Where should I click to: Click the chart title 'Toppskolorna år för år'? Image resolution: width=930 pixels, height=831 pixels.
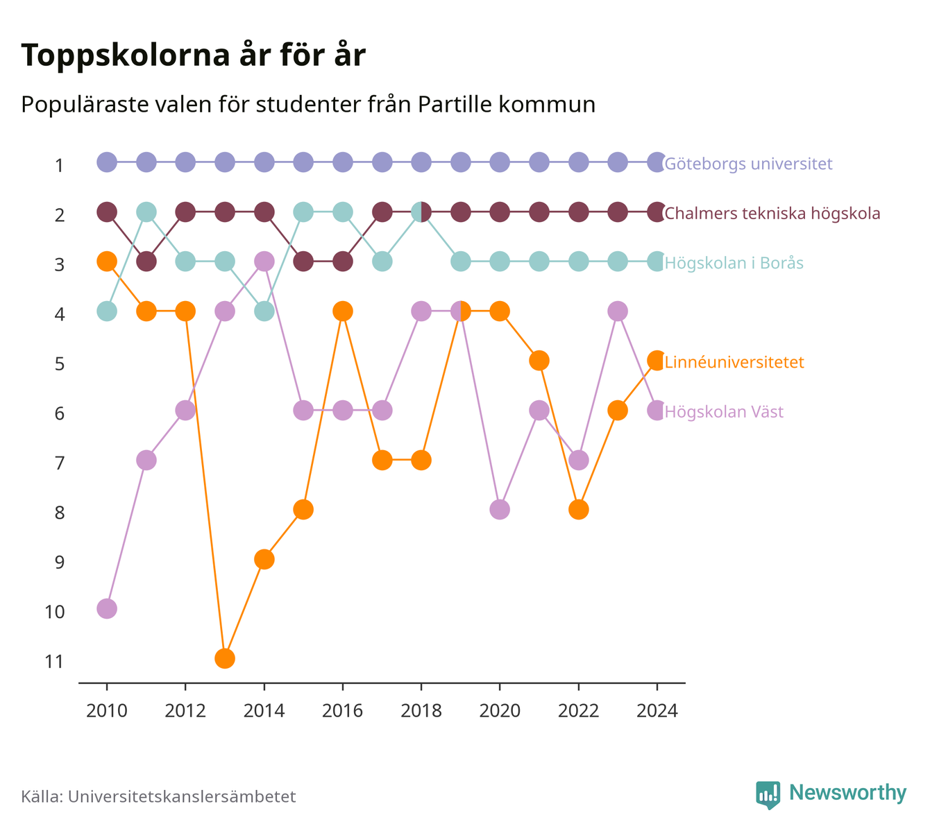(193, 55)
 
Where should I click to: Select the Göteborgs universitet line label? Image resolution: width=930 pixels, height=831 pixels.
(748, 163)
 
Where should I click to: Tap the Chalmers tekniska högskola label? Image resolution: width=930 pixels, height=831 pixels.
(772, 213)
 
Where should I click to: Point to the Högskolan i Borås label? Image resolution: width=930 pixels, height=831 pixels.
(734, 262)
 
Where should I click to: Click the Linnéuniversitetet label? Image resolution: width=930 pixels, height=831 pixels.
(734, 361)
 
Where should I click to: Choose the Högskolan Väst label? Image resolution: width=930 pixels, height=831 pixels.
(724, 411)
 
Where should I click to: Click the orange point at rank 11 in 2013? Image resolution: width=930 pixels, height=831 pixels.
(225, 658)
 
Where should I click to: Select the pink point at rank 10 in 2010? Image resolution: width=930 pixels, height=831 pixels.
(107, 609)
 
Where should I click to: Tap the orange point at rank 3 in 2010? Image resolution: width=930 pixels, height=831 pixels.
(107, 262)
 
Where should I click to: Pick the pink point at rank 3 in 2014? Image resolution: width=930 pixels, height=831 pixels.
(264, 262)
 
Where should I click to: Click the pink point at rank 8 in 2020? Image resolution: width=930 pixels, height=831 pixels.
(500, 509)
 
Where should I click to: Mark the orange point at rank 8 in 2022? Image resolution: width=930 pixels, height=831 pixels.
(578, 509)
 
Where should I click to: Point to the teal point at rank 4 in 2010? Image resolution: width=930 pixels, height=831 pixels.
(107, 311)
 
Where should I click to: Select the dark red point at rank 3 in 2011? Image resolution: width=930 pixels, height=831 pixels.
(146, 262)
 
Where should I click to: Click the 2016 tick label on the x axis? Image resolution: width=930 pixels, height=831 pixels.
(342, 711)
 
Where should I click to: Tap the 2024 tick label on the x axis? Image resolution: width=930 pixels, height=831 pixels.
(657, 711)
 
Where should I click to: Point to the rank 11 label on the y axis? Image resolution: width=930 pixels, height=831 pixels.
(54, 662)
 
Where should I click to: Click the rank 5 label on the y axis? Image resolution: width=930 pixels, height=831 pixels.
(60, 364)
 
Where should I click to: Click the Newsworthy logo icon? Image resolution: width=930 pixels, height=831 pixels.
(768, 795)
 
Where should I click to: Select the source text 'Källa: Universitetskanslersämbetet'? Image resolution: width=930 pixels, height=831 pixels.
(158, 796)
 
